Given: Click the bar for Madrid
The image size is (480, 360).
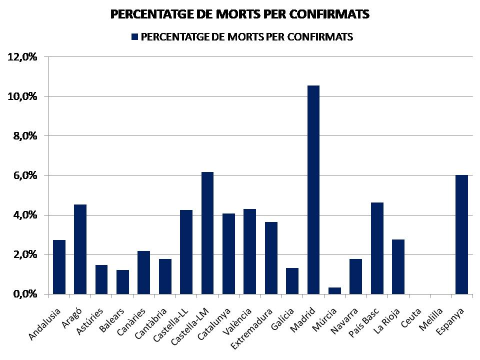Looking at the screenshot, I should pos(313,190).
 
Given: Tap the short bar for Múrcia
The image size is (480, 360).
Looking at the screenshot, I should pos(334,290).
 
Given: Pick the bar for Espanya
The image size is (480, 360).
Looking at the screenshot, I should pos(461,234).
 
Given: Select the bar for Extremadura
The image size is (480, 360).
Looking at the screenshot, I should pos(271,258).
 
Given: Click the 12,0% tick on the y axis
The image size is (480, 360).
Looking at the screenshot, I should pos(22,56).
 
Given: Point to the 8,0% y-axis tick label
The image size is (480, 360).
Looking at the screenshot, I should pos(22,135).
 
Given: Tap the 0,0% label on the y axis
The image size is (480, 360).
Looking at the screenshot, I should pos(22,294).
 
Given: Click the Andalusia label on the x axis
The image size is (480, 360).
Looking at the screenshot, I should pos(45,324).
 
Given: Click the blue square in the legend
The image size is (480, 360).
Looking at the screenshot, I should pos(133,37).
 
